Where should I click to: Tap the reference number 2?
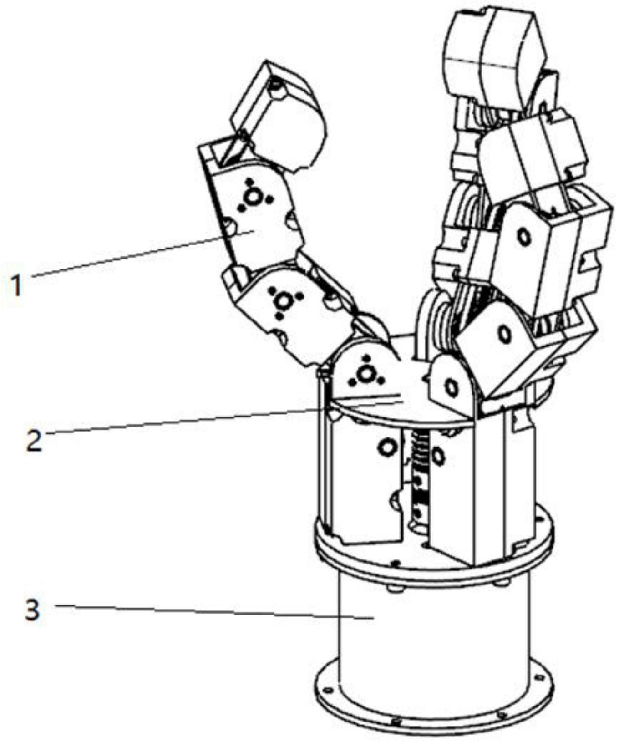[x=34, y=441]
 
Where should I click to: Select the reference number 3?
[x=32, y=610]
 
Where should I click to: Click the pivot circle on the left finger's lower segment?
[x=283, y=301]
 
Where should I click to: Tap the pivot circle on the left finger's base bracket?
[x=364, y=374]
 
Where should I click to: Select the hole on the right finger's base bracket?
[x=451, y=388]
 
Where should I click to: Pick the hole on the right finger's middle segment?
[x=524, y=237]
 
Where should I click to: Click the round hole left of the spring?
[x=388, y=447]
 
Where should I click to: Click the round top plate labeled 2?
[x=401, y=405]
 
